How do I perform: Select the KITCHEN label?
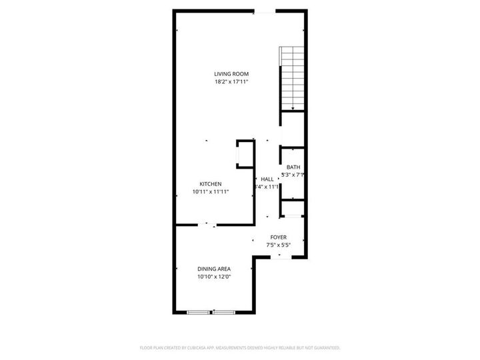211,184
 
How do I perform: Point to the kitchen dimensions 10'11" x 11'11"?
211,192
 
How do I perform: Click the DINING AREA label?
213,269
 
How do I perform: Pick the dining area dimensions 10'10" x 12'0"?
213,277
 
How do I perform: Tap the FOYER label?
278,237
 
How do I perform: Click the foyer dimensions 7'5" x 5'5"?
278,245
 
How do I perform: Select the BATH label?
293,167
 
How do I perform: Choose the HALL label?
267,179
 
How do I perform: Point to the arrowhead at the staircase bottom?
292,108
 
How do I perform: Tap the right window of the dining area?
224,311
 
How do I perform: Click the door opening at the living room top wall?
265,11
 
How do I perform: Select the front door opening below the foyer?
280,257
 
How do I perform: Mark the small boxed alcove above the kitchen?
245,153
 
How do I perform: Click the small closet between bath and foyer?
293,208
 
